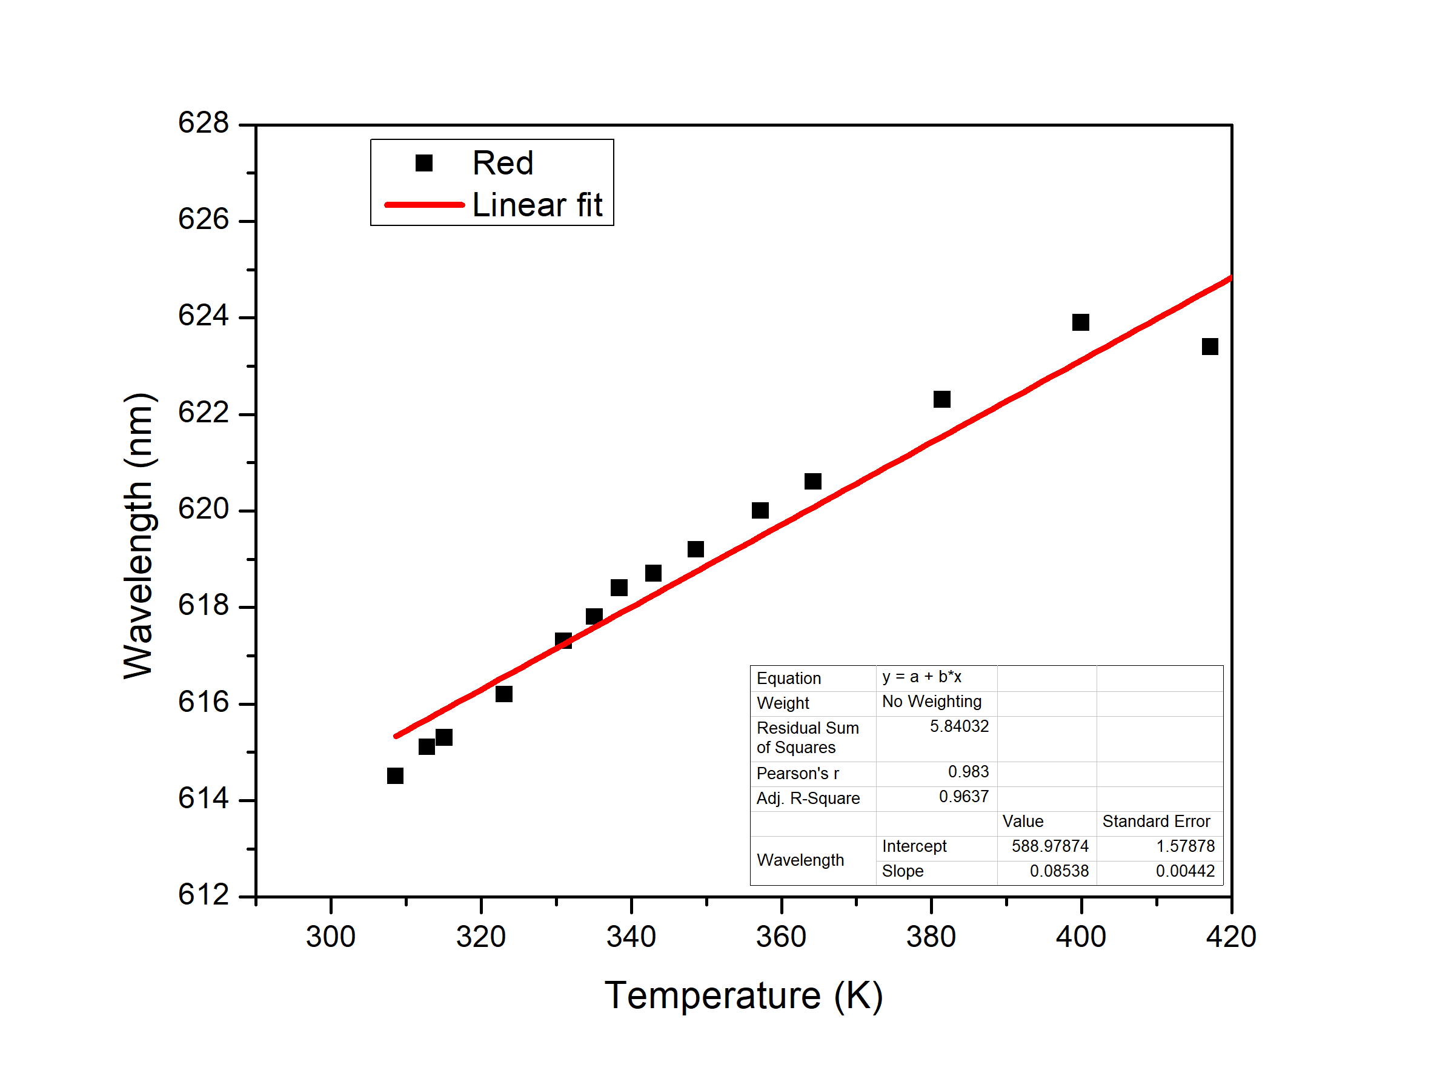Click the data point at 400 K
click(1080, 322)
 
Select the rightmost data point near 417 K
click(1210, 347)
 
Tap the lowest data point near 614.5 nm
click(395, 775)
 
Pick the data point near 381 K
click(942, 399)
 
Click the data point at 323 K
click(504, 694)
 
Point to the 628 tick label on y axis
click(203, 123)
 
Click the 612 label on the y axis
click(203, 895)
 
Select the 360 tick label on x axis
click(781, 937)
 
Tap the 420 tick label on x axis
click(1230, 937)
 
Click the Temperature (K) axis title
click(743, 996)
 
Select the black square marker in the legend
click(423, 163)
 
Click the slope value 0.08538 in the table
click(1059, 871)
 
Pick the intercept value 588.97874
click(1050, 846)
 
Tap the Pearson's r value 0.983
click(969, 772)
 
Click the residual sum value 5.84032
click(960, 726)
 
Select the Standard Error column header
click(1156, 822)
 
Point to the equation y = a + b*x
click(922, 677)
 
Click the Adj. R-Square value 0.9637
click(964, 797)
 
